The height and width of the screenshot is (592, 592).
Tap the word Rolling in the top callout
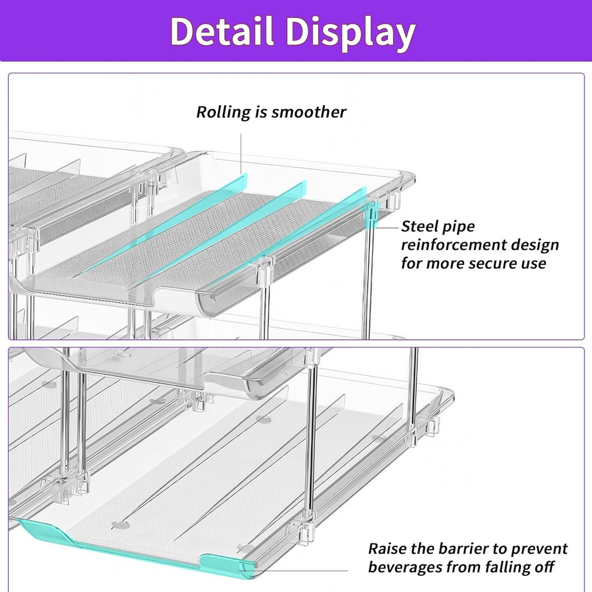click(x=224, y=112)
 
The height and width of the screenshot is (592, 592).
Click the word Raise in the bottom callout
click(x=387, y=549)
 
